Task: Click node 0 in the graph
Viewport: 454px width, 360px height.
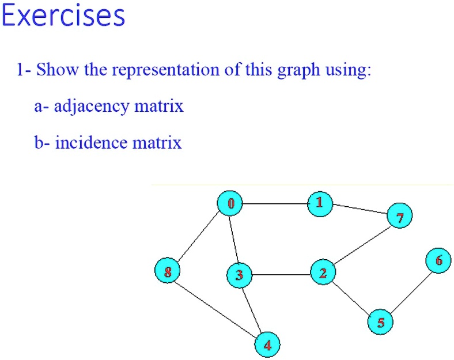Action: (x=230, y=203)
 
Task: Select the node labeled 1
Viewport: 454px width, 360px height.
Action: (x=320, y=204)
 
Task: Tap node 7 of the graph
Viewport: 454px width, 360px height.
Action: (x=400, y=215)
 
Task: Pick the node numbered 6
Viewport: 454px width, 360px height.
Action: (x=438, y=260)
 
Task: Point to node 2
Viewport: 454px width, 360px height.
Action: (x=323, y=272)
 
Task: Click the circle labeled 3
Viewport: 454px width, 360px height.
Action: (x=239, y=275)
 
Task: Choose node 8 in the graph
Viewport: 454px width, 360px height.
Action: (x=167, y=270)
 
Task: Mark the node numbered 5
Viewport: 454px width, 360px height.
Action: (x=380, y=322)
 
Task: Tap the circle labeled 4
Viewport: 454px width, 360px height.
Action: (x=267, y=344)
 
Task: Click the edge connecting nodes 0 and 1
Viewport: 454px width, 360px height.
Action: (x=275, y=204)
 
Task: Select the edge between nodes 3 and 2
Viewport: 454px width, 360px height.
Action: (x=281, y=274)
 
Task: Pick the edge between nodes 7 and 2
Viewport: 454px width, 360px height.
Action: (x=361, y=246)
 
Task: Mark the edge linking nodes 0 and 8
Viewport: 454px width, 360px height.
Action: (x=199, y=237)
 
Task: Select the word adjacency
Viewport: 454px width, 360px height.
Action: (x=91, y=106)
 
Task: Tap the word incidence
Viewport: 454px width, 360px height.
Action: (x=92, y=142)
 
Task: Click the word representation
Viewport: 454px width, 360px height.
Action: (x=165, y=70)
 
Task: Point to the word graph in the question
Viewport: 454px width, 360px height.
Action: (x=298, y=71)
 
